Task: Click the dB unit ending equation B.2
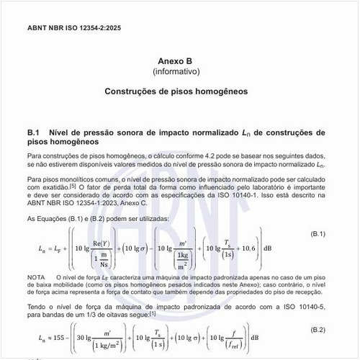[297, 337]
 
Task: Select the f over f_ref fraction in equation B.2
[276, 338]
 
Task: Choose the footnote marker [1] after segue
[153, 315]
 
